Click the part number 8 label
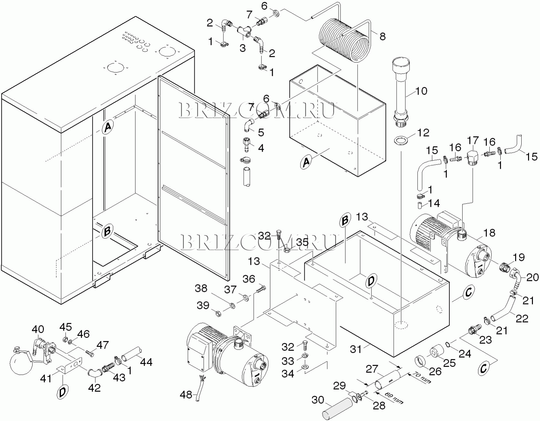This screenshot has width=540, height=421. [x=382, y=36]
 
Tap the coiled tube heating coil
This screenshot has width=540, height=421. [x=345, y=42]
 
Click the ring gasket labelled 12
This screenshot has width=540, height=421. [x=400, y=140]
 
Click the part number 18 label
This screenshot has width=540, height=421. [x=489, y=233]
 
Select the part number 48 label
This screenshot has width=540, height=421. [x=186, y=395]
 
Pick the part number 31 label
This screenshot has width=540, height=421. [x=356, y=349]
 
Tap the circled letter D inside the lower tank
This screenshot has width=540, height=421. [x=371, y=281]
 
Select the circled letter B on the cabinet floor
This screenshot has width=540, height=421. [x=107, y=231]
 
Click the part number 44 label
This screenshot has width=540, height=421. [x=146, y=362]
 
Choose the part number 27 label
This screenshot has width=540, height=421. [x=372, y=369]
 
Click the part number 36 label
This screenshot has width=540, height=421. [x=249, y=279]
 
